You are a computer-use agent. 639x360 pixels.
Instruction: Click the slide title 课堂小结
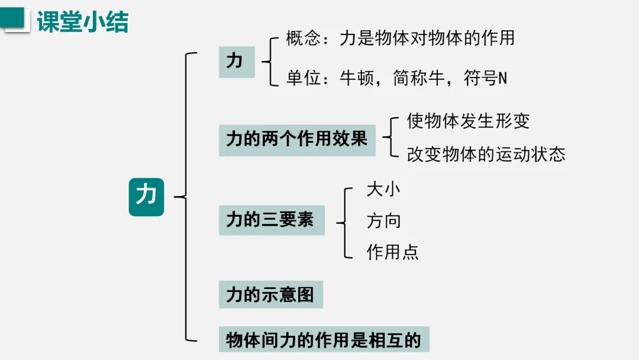[82, 22]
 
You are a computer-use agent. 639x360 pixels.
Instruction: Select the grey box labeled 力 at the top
[236, 62]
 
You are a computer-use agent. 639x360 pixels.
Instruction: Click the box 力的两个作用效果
[297, 140]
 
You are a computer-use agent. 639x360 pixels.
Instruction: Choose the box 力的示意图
[270, 294]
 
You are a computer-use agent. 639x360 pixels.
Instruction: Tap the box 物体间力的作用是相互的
[323, 340]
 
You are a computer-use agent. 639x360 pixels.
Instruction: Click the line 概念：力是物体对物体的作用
[400, 39]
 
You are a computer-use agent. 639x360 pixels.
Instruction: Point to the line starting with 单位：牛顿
[396, 78]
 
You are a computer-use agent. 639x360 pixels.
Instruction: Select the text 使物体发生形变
[468, 121]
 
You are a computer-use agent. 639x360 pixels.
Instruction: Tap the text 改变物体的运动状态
[486, 155]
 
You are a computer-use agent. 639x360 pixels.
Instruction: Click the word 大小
[383, 189]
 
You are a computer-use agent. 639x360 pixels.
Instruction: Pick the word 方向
[383, 221]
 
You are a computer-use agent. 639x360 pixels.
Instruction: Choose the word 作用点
[392, 252]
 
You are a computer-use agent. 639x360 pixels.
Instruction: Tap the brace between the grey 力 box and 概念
[269, 62]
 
